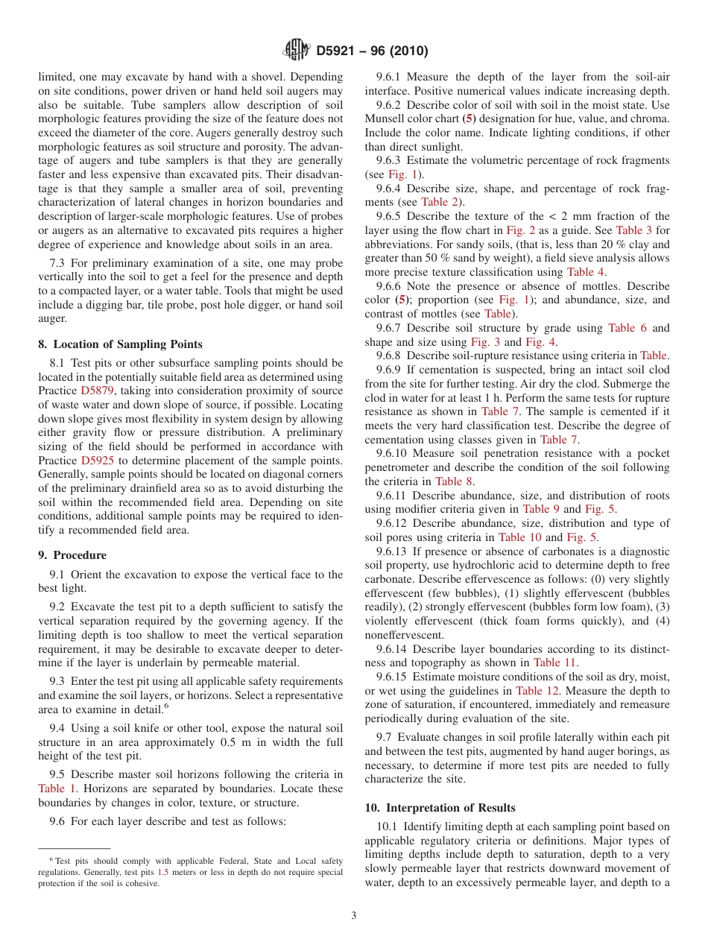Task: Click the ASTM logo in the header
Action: pos(297,51)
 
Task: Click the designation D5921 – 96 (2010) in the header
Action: pos(372,51)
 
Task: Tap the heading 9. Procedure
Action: pos(72,555)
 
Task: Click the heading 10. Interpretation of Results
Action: pos(440,808)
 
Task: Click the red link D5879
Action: pos(98,391)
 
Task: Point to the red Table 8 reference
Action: pos(453,481)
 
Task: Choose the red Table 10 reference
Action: pos(520,537)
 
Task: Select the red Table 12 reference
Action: pos(540,691)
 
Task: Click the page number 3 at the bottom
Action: pos(354,916)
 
